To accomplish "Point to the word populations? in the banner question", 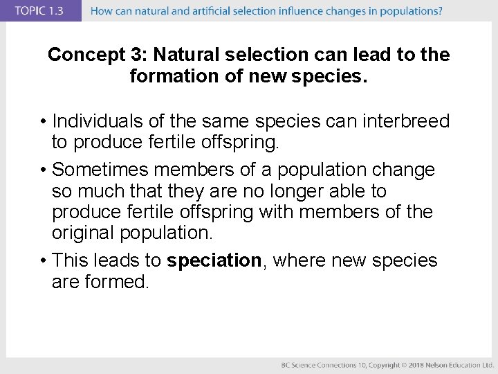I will (412, 11).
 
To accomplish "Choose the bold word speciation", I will (214, 260).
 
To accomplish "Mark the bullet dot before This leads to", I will (43, 261).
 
